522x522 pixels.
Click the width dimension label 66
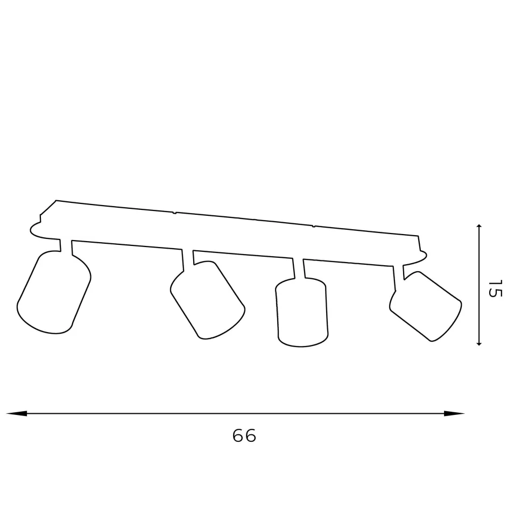pos(244,435)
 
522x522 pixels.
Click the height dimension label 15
pos(495,289)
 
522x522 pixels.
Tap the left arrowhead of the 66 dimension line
pos(16,413)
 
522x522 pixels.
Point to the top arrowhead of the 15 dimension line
pos(479,228)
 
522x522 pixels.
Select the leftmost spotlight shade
pos(54,292)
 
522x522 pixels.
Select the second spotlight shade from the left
pos(208,300)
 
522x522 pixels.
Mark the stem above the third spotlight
pos(299,269)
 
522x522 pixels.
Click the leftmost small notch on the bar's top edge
pos(174,213)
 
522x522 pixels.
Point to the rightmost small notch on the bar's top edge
pos(314,226)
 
